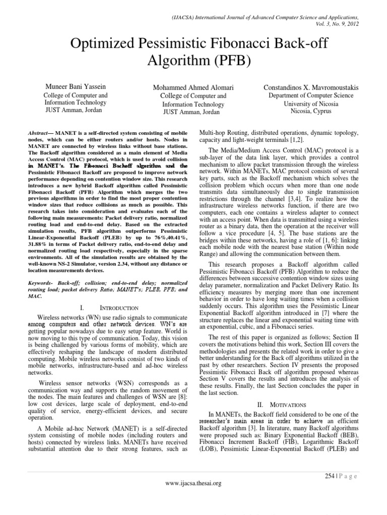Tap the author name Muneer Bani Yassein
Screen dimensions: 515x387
click(75, 87)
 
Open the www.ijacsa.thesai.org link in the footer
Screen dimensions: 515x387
click(193, 483)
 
